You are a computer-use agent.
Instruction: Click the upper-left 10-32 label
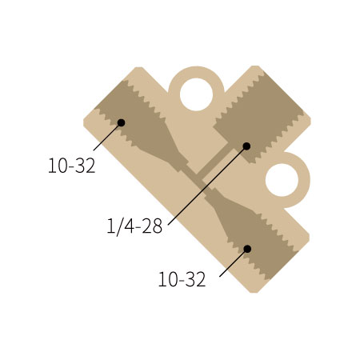(x=72, y=166)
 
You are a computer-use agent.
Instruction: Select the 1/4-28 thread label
(x=134, y=226)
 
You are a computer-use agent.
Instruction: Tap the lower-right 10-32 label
(x=182, y=279)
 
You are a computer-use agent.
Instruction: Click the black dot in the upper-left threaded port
(x=122, y=122)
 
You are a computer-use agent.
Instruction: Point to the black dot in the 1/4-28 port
(x=246, y=146)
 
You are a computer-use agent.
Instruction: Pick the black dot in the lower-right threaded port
(x=247, y=249)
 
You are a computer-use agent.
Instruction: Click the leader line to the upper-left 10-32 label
(x=106, y=137)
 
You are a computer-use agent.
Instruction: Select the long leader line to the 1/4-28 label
(x=206, y=186)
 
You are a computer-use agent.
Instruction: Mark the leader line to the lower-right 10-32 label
(x=233, y=263)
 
